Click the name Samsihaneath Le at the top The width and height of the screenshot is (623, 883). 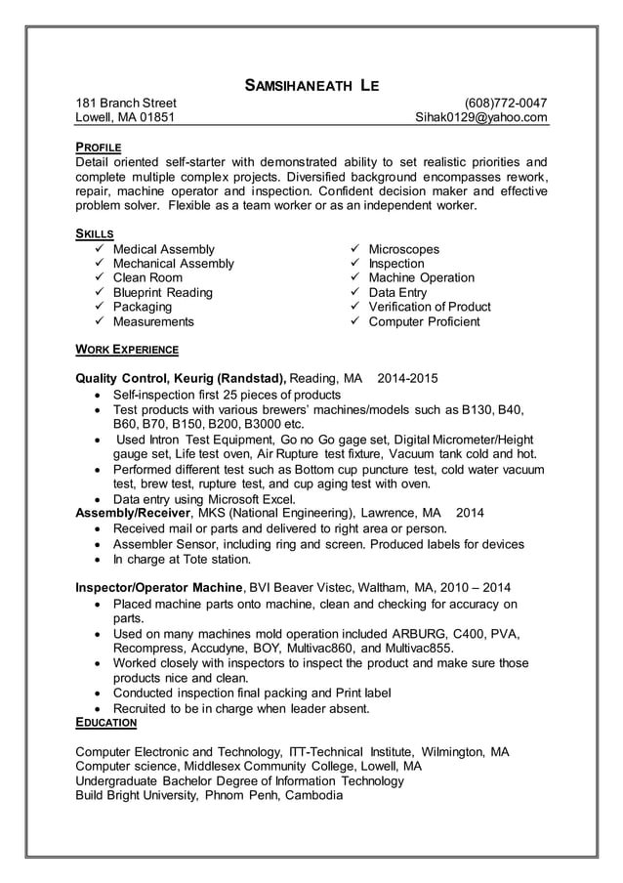coord(311,86)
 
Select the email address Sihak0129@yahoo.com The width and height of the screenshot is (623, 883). coord(481,117)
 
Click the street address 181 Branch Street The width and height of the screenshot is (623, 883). coord(126,103)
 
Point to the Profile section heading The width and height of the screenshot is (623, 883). coord(98,147)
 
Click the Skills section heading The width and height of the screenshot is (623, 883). coord(95,234)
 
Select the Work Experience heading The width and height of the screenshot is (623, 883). coord(127,349)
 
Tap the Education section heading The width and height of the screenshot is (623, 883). coord(105,723)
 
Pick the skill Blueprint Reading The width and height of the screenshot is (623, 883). coord(162,292)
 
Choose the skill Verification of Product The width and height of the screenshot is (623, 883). coord(430,307)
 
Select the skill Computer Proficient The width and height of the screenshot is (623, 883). coord(424,321)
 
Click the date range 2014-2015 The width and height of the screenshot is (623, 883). coord(407,377)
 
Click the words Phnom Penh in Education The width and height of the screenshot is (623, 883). coord(242,795)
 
